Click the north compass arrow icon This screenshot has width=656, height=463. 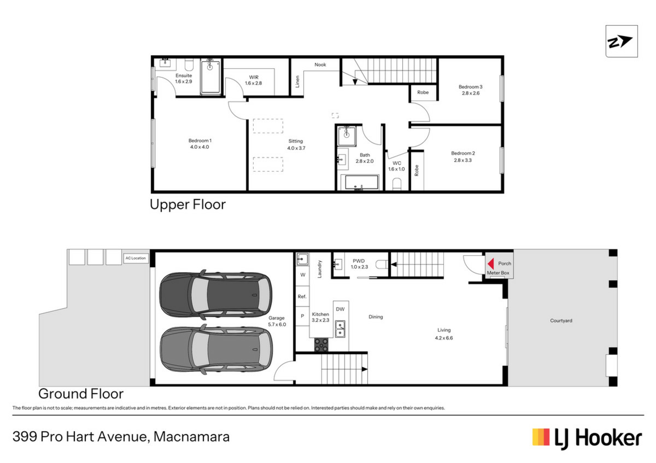[621, 41]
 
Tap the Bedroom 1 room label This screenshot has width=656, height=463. [200, 144]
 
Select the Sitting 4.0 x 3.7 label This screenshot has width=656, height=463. [296, 144]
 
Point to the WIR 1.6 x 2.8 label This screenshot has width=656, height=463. [254, 80]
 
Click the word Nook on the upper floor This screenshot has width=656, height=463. [320, 65]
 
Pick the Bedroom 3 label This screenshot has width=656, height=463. [470, 90]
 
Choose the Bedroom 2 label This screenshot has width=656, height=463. [463, 157]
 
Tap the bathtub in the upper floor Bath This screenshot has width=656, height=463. [361, 182]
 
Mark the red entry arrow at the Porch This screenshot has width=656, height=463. [491, 264]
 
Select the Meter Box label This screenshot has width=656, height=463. [498, 273]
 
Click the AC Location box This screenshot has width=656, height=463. [136, 258]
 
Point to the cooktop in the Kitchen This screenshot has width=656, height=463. [321, 345]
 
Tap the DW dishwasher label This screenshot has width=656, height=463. [340, 309]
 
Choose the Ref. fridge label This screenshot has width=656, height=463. [302, 296]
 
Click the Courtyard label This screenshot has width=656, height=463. [561, 321]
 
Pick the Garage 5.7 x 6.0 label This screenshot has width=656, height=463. [277, 321]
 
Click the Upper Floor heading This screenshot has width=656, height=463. [188, 205]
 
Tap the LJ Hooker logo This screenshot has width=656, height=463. [587, 438]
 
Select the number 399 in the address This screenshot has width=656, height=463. [25, 437]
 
